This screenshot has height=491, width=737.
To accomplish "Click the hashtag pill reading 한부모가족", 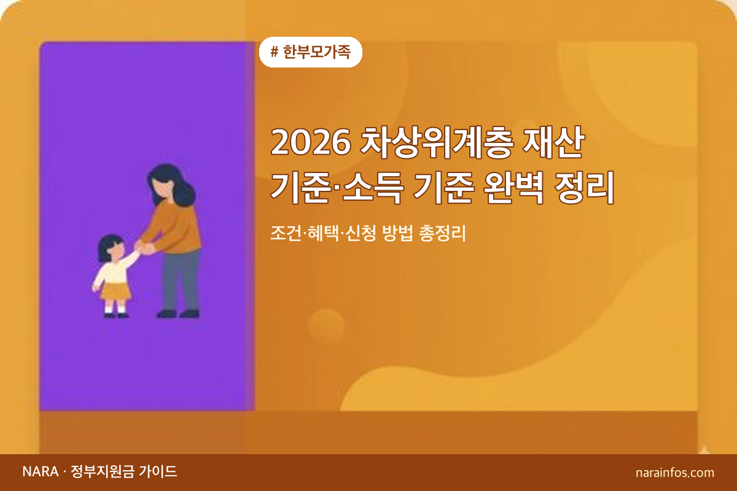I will point(311,52).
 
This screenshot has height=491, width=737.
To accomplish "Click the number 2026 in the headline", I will point(310,144).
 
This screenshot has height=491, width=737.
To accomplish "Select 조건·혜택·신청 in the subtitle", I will point(317,233).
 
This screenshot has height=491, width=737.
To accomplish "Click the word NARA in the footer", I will point(40,472).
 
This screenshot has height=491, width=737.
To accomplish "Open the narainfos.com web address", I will point(675,473).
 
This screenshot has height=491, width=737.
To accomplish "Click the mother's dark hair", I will point(174,184).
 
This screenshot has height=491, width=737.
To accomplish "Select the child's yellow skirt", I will point(115,290).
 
